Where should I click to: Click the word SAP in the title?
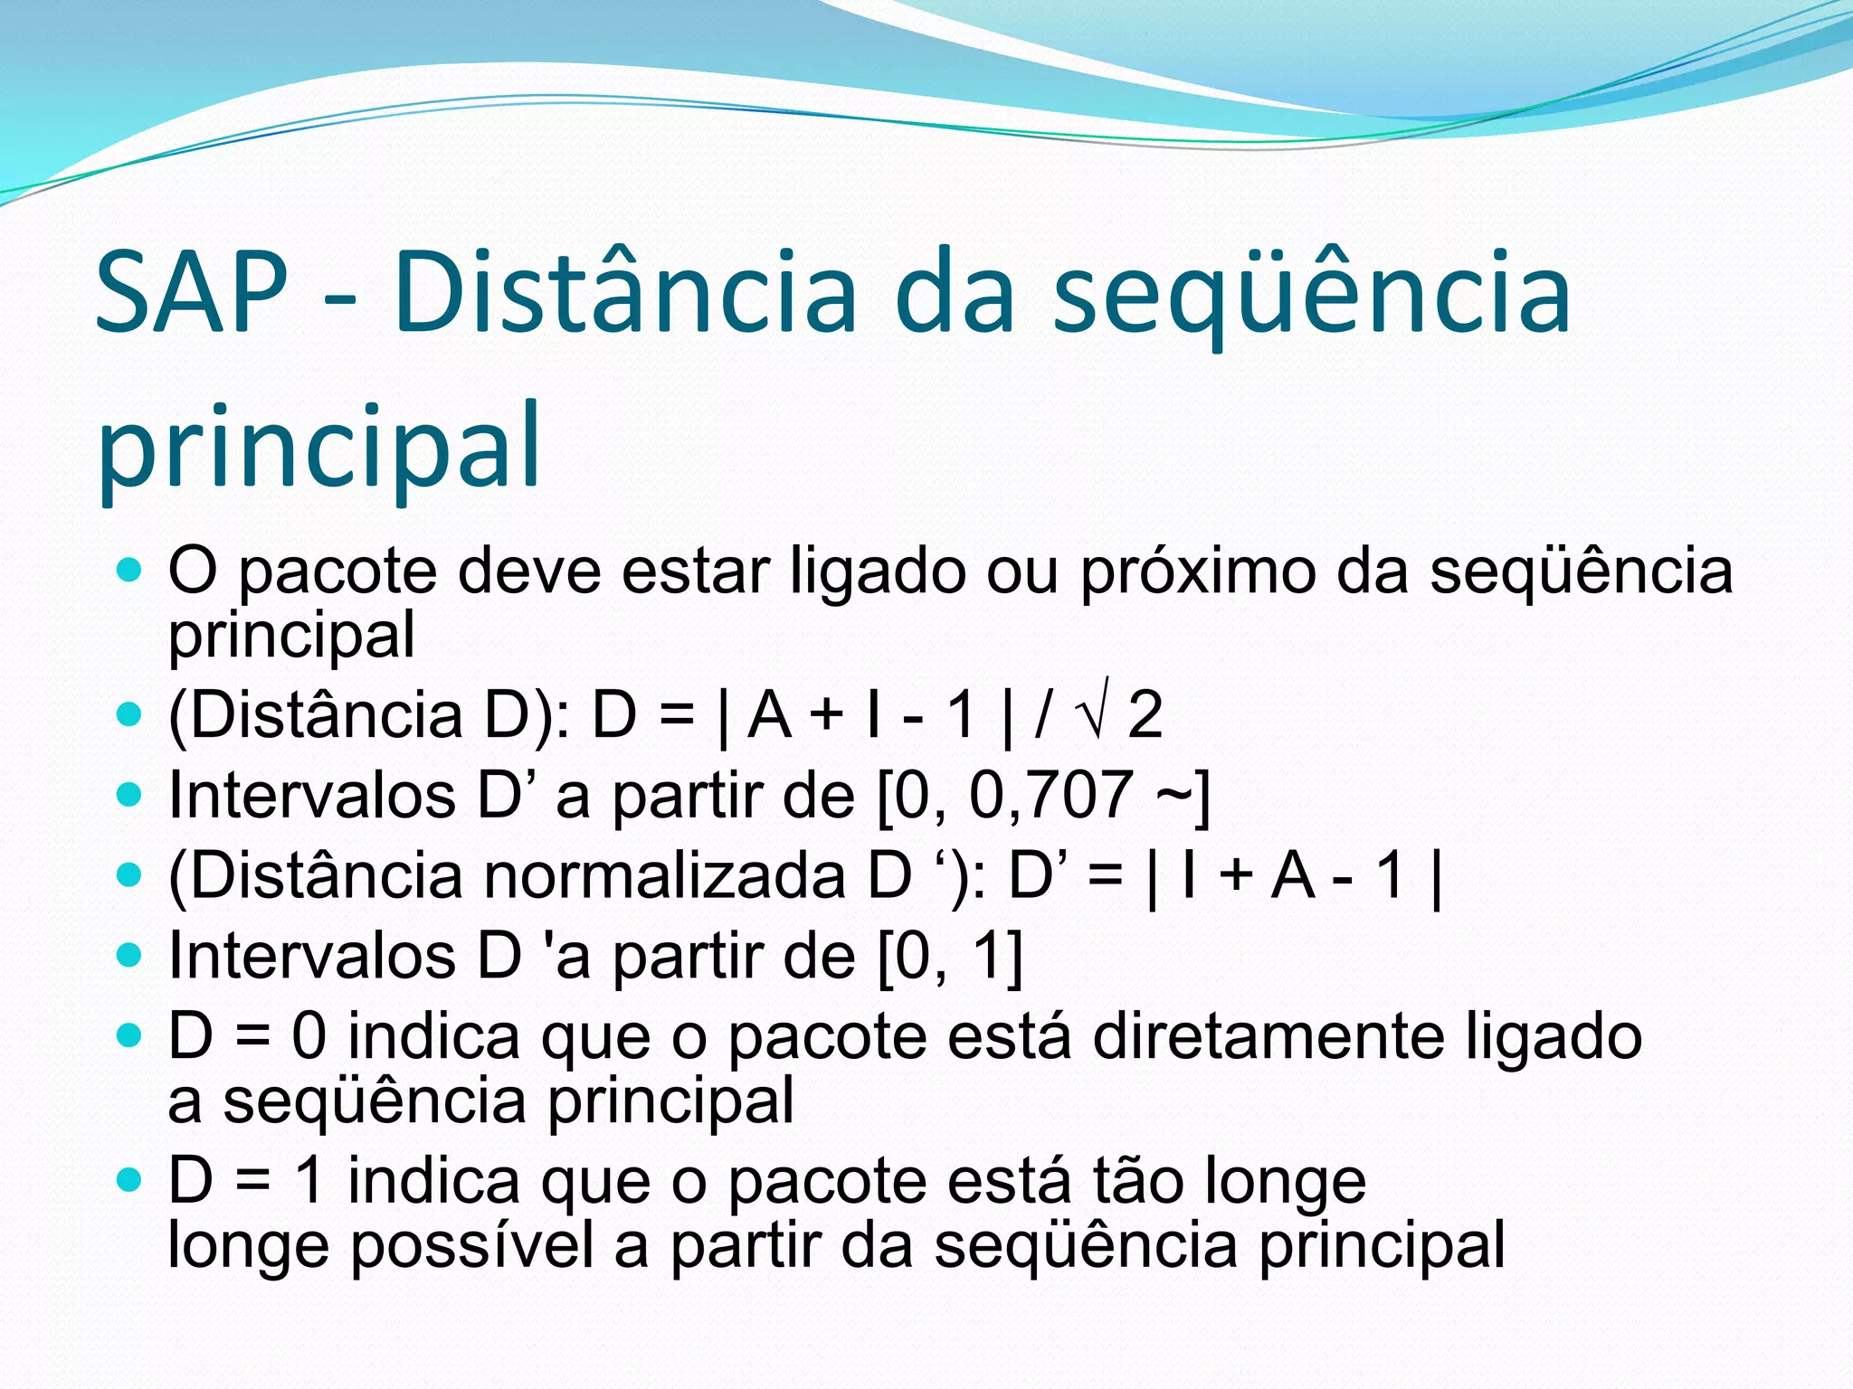(191, 293)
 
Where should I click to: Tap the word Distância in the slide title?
(624, 293)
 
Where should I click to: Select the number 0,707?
(1050, 796)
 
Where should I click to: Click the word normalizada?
(664, 876)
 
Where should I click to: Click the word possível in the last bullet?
(471, 1246)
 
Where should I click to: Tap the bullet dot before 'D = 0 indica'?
(130, 1035)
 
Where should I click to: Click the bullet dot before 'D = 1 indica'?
(130, 1179)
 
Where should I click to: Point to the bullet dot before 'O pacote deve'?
(130, 570)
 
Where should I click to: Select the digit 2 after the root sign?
(1145, 715)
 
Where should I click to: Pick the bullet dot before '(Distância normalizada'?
(130, 874)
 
